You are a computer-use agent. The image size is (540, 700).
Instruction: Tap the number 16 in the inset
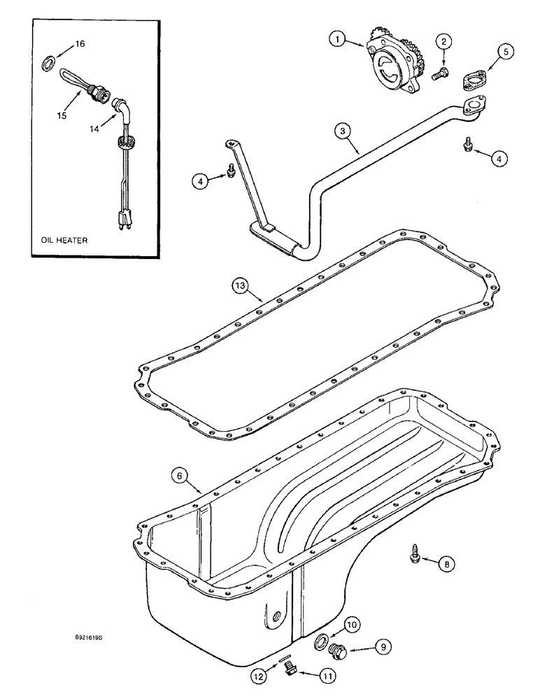[80, 43]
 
